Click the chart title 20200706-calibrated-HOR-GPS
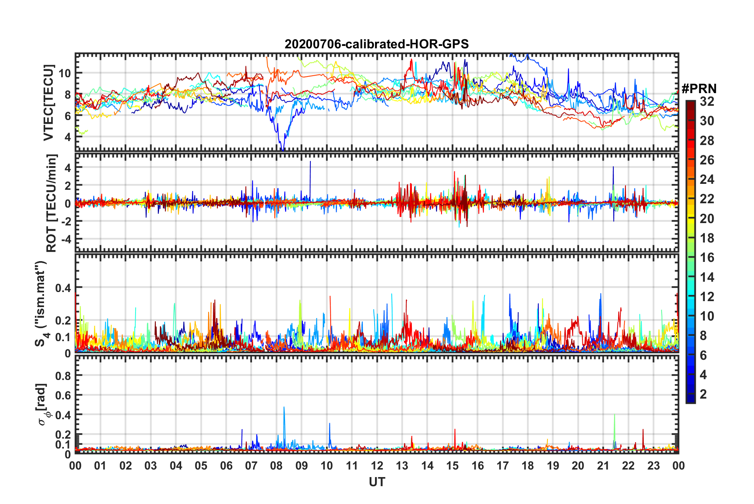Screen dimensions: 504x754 377,44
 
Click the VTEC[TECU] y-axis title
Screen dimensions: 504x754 48,103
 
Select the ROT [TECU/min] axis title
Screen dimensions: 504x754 52,203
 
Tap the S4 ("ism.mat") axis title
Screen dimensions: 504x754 41,304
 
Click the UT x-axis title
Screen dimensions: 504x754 377,482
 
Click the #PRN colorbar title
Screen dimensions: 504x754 699,88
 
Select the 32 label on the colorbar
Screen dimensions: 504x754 707,101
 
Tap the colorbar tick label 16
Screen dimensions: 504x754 707,258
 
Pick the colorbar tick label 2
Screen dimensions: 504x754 704,394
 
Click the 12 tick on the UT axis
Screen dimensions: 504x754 377,466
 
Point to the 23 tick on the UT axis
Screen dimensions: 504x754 653,466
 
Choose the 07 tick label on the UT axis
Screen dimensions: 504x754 251,466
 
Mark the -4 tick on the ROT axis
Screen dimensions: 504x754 65,239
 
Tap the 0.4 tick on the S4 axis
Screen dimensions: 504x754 63,288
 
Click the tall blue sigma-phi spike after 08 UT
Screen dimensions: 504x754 284,408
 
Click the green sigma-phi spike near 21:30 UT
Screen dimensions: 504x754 614,416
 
